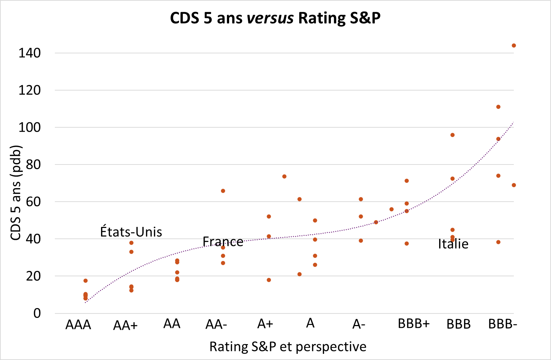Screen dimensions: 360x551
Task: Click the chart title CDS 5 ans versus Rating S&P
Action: click(x=275, y=18)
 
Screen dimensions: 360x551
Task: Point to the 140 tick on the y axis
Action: click(x=30, y=53)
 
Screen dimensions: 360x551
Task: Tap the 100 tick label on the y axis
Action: click(x=30, y=127)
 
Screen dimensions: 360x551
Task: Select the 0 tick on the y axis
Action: click(x=37, y=313)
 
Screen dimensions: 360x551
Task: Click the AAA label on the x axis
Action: click(x=78, y=325)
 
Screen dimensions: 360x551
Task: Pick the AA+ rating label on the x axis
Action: click(x=125, y=325)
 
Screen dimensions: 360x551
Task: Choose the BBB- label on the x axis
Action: click(x=503, y=324)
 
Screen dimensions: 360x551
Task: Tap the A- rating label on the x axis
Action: click(x=359, y=325)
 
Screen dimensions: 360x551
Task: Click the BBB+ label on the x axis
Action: click(x=414, y=324)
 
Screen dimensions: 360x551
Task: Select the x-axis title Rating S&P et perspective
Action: click(x=288, y=347)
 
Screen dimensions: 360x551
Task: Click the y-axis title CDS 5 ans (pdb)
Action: click(x=16, y=193)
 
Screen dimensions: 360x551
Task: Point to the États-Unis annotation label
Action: click(x=131, y=232)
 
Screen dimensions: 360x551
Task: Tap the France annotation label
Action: click(x=223, y=241)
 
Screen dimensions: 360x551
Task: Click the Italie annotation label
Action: click(x=453, y=244)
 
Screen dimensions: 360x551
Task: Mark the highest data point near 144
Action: click(x=513, y=45)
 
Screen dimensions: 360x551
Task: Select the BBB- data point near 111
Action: click(x=498, y=107)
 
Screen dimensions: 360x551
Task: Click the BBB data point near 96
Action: click(x=452, y=135)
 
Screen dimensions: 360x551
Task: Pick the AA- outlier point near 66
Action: click(x=223, y=191)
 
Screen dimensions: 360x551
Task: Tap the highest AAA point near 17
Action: click(x=86, y=281)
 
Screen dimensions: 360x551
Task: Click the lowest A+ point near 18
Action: click(x=269, y=280)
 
